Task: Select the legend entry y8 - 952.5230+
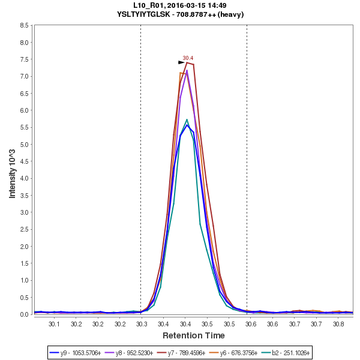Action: [133, 352]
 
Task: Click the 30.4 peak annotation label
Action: [188, 58]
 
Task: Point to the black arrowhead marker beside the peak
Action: [181, 62]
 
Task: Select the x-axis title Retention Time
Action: [193, 335]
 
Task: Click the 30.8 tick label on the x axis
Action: [338, 323]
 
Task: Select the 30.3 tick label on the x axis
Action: [142, 323]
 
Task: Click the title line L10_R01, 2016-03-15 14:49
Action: [180, 5]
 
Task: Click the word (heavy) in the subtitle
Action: [230, 14]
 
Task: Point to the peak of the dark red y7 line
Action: [187, 62]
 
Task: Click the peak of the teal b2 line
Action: [187, 119]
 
